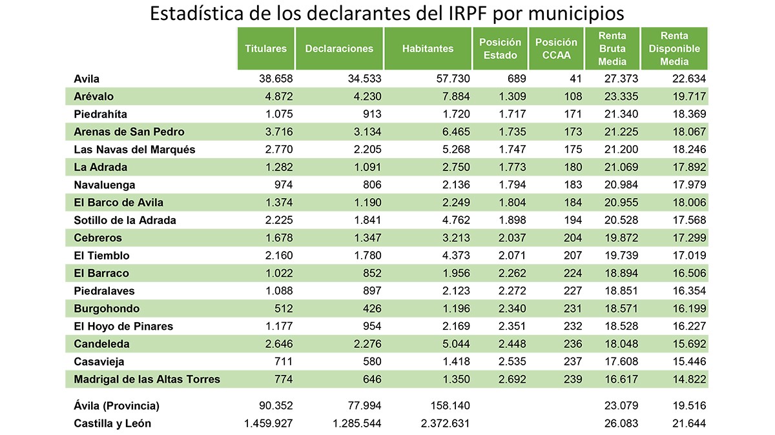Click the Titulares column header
coord(266,48)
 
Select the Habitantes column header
coord(428,48)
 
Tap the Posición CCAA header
coord(556,48)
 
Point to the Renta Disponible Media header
coord(674,48)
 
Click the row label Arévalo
coord(94,97)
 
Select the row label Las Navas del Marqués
coord(134,150)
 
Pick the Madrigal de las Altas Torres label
coord(147,379)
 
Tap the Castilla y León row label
coord(112,424)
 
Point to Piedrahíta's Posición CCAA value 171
coord(571,114)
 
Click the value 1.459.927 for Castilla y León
coord(268,424)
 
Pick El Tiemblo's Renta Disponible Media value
coord(687,256)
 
